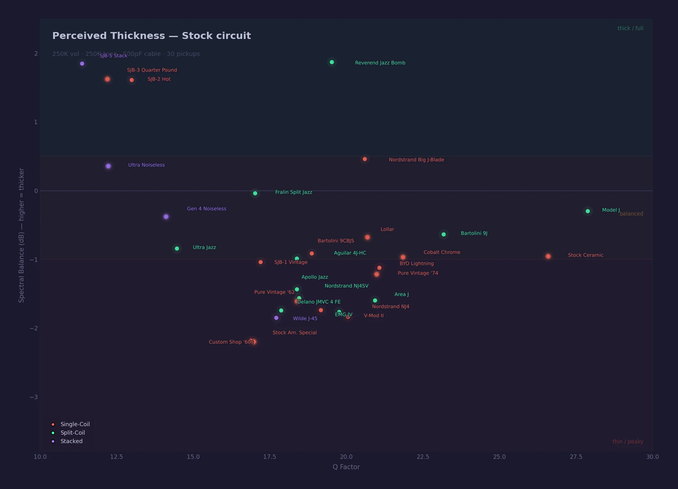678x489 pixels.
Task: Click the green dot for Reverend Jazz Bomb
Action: tap(332, 62)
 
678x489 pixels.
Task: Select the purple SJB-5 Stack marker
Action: tap(82, 64)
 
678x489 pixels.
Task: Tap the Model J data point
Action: tap(588, 211)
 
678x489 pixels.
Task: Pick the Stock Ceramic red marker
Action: tap(548, 256)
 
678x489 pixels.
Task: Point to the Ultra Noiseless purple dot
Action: tap(108, 166)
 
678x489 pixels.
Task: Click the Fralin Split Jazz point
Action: tap(255, 193)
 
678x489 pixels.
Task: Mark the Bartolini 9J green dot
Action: tap(444, 234)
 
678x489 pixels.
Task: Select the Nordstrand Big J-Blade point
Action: tap(365, 159)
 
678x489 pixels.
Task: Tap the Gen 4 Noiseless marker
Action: tap(166, 217)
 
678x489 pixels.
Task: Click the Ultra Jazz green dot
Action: tap(177, 249)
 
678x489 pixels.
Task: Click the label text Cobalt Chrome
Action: tap(442, 252)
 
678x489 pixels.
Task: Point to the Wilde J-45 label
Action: tap(305, 319)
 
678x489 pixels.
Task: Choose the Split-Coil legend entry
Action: tap(73, 433)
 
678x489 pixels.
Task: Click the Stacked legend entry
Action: tap(71, 441)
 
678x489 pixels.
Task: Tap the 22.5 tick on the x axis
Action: tap(423, 457)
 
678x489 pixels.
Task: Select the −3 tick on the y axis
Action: tap(34, 397)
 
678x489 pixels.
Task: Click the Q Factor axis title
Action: tap(346, 467)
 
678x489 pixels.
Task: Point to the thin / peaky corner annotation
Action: tap(628, 442)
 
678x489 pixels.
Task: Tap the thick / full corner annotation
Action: tap(630, 28)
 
